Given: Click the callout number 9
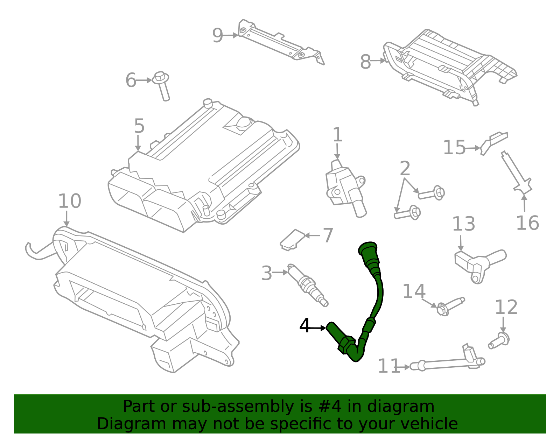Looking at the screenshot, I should pyautogui.click(x=217, y=35).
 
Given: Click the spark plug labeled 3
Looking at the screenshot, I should pyautogui.click(x=307, y=285).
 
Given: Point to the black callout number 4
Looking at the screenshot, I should pyautogui.click(x=305, y=326).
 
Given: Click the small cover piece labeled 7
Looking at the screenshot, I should pyautogui.click(x=293, y=240).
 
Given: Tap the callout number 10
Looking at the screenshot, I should pyautogui.click(x=69, y=201).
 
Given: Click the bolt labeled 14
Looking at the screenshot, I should pyautogui.click(x=450, y=305).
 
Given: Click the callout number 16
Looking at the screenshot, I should pyautogui.click(x=527, y=223).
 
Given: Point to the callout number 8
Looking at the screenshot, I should pyautogui.click(x=365, y=62).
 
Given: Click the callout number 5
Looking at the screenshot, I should pyautogui.click(x=139, y=126).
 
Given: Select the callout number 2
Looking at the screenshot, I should pyautogui.click(x=405, y=169).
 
